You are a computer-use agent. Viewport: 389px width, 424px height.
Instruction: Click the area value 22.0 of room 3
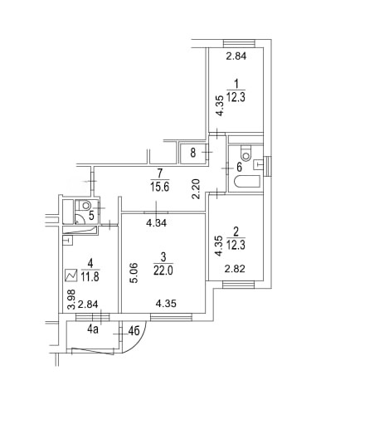pos(163,270)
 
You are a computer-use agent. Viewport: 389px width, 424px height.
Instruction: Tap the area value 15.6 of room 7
pos(160,187)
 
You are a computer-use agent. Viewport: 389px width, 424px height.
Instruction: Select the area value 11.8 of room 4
pos(90,276)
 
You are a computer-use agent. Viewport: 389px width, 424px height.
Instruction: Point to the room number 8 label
pos(193,153)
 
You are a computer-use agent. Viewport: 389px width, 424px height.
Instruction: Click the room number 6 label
pos(239,167)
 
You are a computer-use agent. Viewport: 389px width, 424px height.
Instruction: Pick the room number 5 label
pos(91,216)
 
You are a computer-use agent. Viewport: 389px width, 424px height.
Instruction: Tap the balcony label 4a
pos(93,329)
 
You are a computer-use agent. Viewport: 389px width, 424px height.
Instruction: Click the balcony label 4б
pos(134,331)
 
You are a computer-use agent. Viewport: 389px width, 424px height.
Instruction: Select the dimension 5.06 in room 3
pos(134,273)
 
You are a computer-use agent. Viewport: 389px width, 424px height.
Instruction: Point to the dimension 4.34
pos(157,223)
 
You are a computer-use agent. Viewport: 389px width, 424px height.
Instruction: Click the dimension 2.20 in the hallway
pos(196,189)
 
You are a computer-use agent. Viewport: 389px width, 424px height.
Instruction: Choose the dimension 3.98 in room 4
pos(72,300)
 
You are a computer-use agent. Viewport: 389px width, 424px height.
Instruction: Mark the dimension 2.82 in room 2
pos(235,269)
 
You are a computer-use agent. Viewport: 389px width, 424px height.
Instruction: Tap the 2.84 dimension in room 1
pos(236,56)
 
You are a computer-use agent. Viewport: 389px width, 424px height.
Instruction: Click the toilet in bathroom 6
pos(246,154)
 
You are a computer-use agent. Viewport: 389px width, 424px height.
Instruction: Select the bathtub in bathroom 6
pos(247,182)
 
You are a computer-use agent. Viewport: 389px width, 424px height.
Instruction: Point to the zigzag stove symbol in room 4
pos(71,275)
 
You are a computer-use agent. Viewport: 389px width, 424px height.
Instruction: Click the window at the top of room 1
pos(239,43)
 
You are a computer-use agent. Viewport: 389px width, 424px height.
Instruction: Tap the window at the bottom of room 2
pos(238,285)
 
